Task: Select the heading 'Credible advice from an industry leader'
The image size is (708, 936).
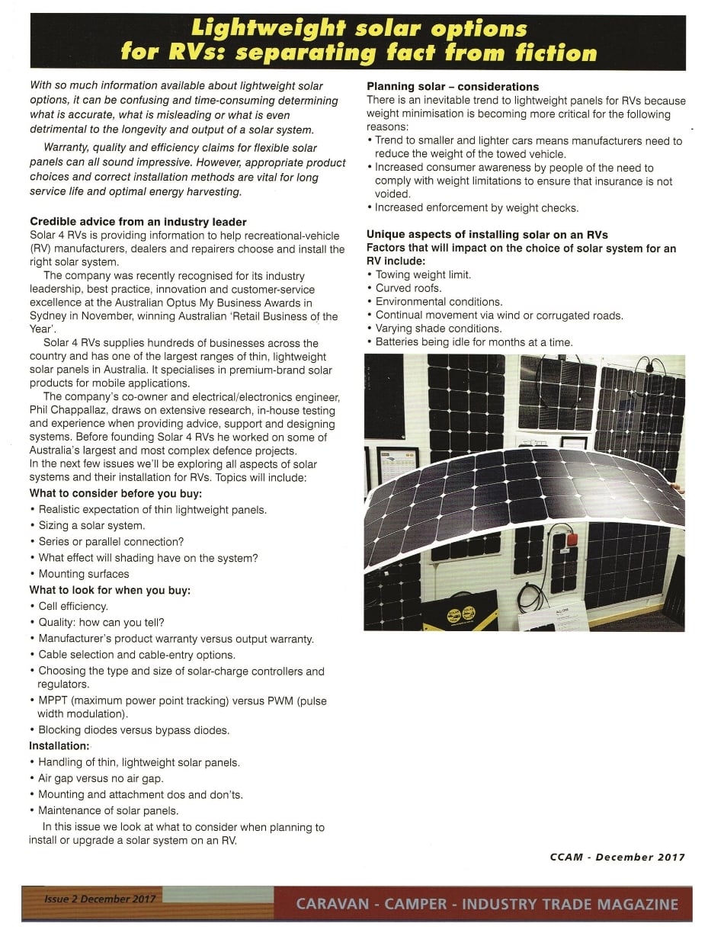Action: (x=138, y=222)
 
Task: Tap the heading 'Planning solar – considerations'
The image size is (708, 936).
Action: (x=453, y=87)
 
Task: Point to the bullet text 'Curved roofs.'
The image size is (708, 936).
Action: (x=408, y=288)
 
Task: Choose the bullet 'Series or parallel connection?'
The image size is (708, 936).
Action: (x=111, y=542)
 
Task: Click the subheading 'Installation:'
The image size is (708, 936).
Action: (x=59, y=746)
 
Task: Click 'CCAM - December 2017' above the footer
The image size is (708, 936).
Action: (x=617, y=857)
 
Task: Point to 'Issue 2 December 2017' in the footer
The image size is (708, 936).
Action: (x=99, y=899)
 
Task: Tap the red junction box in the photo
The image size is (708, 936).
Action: (x=571, y=540)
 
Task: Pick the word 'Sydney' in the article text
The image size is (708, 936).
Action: (x=46, y=316)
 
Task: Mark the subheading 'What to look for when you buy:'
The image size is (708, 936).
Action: (x=110, y=590)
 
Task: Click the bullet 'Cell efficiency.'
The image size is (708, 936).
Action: (x=73, y=607)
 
